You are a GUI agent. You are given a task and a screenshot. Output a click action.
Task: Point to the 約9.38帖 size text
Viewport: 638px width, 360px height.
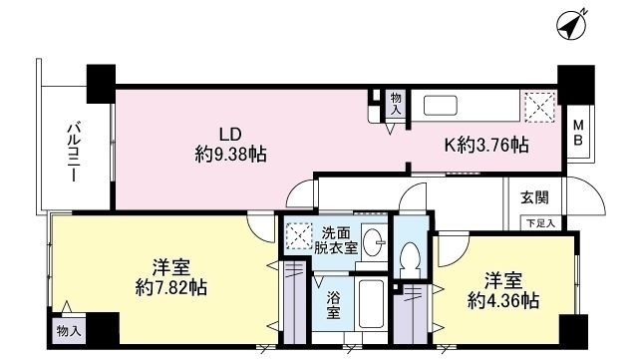(230, 155)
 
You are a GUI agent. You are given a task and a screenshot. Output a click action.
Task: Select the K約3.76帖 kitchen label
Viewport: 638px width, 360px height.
(485, 146)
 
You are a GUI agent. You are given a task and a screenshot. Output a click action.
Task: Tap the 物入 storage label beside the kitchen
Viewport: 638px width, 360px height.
(396, 104)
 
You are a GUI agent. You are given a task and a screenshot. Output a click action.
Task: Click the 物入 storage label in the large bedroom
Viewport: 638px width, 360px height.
(69, 329)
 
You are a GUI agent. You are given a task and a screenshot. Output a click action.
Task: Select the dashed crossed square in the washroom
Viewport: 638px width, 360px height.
(298, 236)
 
